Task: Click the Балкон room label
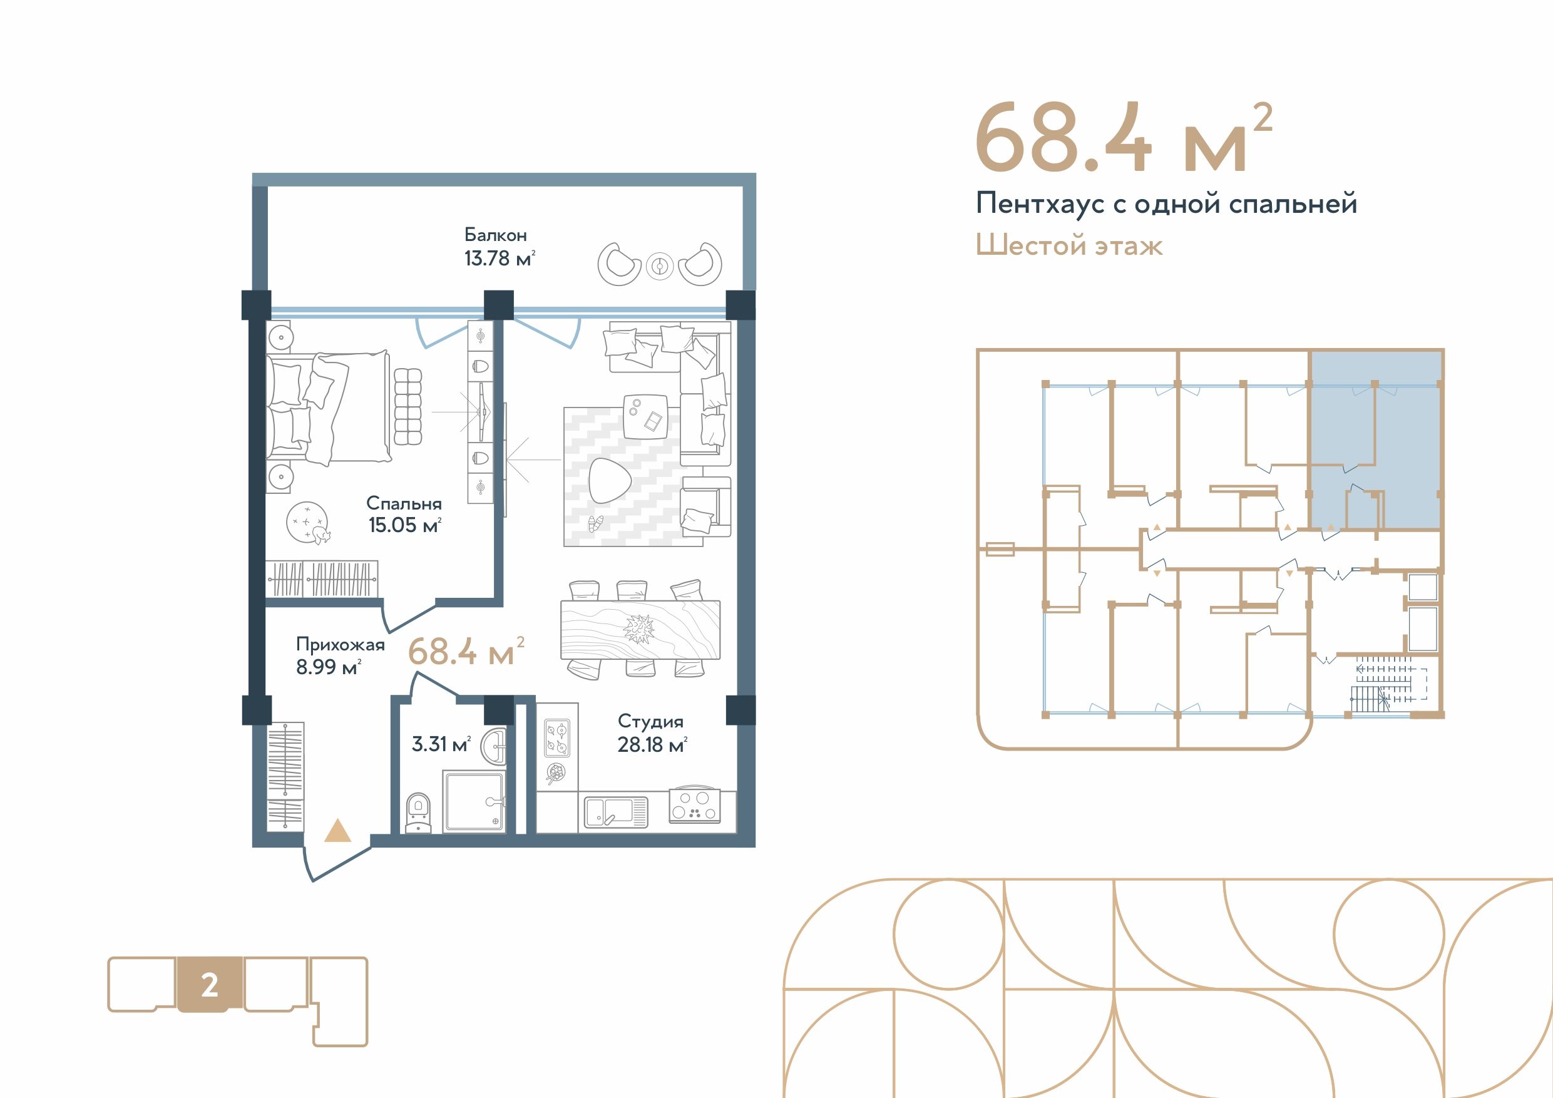[495, 235]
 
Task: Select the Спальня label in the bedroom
[404, 503]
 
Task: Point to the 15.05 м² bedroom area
[404, 525]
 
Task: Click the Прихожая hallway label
[341, 645]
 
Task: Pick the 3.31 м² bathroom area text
[441, 744]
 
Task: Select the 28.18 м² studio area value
[652, 745]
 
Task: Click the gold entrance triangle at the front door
[337, 831]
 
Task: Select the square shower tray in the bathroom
[473, 802]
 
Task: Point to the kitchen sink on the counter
[615, 812]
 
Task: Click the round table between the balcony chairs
[660, 267]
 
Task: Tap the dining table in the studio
[640, 629]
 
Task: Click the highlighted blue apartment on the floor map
[1375, 441]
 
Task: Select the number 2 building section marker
[210, 985]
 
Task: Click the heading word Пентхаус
[1040, 203]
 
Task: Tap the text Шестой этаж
[1069, 245]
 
